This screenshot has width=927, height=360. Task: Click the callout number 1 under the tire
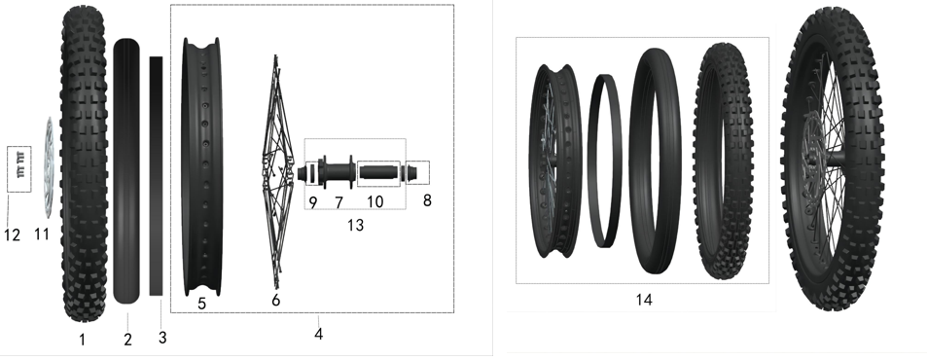82,340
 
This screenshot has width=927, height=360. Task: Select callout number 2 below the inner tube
127,340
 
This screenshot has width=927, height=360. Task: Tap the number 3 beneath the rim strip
162,338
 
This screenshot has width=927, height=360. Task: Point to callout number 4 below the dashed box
319,334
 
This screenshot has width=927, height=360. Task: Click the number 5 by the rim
201,304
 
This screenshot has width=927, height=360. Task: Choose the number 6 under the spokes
276,301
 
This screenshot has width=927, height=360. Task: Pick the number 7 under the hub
339,202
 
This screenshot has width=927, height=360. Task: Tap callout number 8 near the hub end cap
427,200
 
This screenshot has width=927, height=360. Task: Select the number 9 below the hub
313,202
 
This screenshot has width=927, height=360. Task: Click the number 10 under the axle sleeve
374,202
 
